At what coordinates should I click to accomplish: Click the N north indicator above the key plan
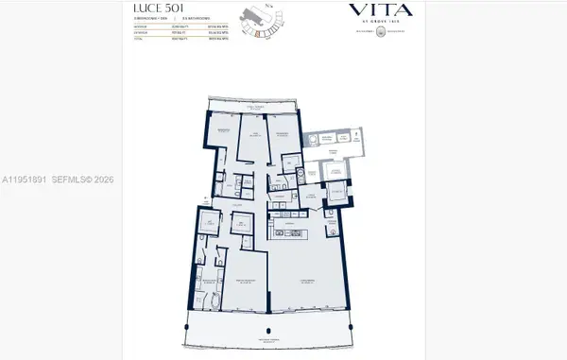[x=268, y=8]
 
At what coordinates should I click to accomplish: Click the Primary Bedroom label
[x=249, y=282]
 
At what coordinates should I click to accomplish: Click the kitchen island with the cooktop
[x=290, y=232]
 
